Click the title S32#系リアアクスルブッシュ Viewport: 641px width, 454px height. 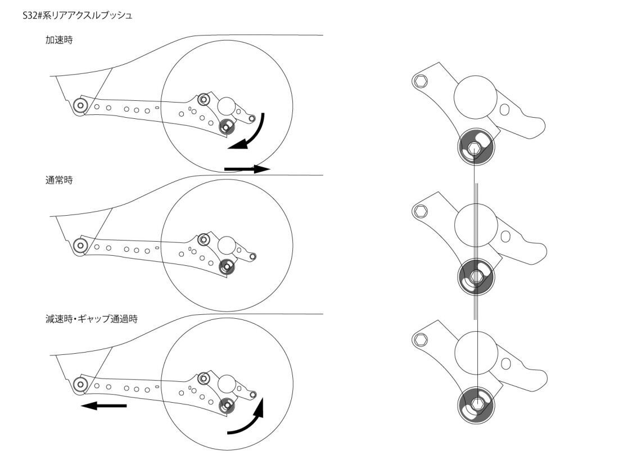77,16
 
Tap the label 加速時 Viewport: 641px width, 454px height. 59,40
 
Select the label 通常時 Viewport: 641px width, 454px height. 59,180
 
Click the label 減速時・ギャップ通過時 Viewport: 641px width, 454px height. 92,319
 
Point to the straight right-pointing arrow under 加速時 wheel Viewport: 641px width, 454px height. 247,168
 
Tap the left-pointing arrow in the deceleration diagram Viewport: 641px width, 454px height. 103,406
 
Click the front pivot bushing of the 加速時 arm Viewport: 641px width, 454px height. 80,106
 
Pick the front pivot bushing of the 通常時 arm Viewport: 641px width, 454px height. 80,246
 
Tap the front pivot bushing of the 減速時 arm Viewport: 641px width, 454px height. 80,385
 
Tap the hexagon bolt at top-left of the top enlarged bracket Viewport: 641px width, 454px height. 420,81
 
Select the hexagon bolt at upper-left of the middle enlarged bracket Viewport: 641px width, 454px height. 420,211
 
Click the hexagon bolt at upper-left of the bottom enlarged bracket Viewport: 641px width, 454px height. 420,339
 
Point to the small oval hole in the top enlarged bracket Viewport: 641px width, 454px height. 505,110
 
